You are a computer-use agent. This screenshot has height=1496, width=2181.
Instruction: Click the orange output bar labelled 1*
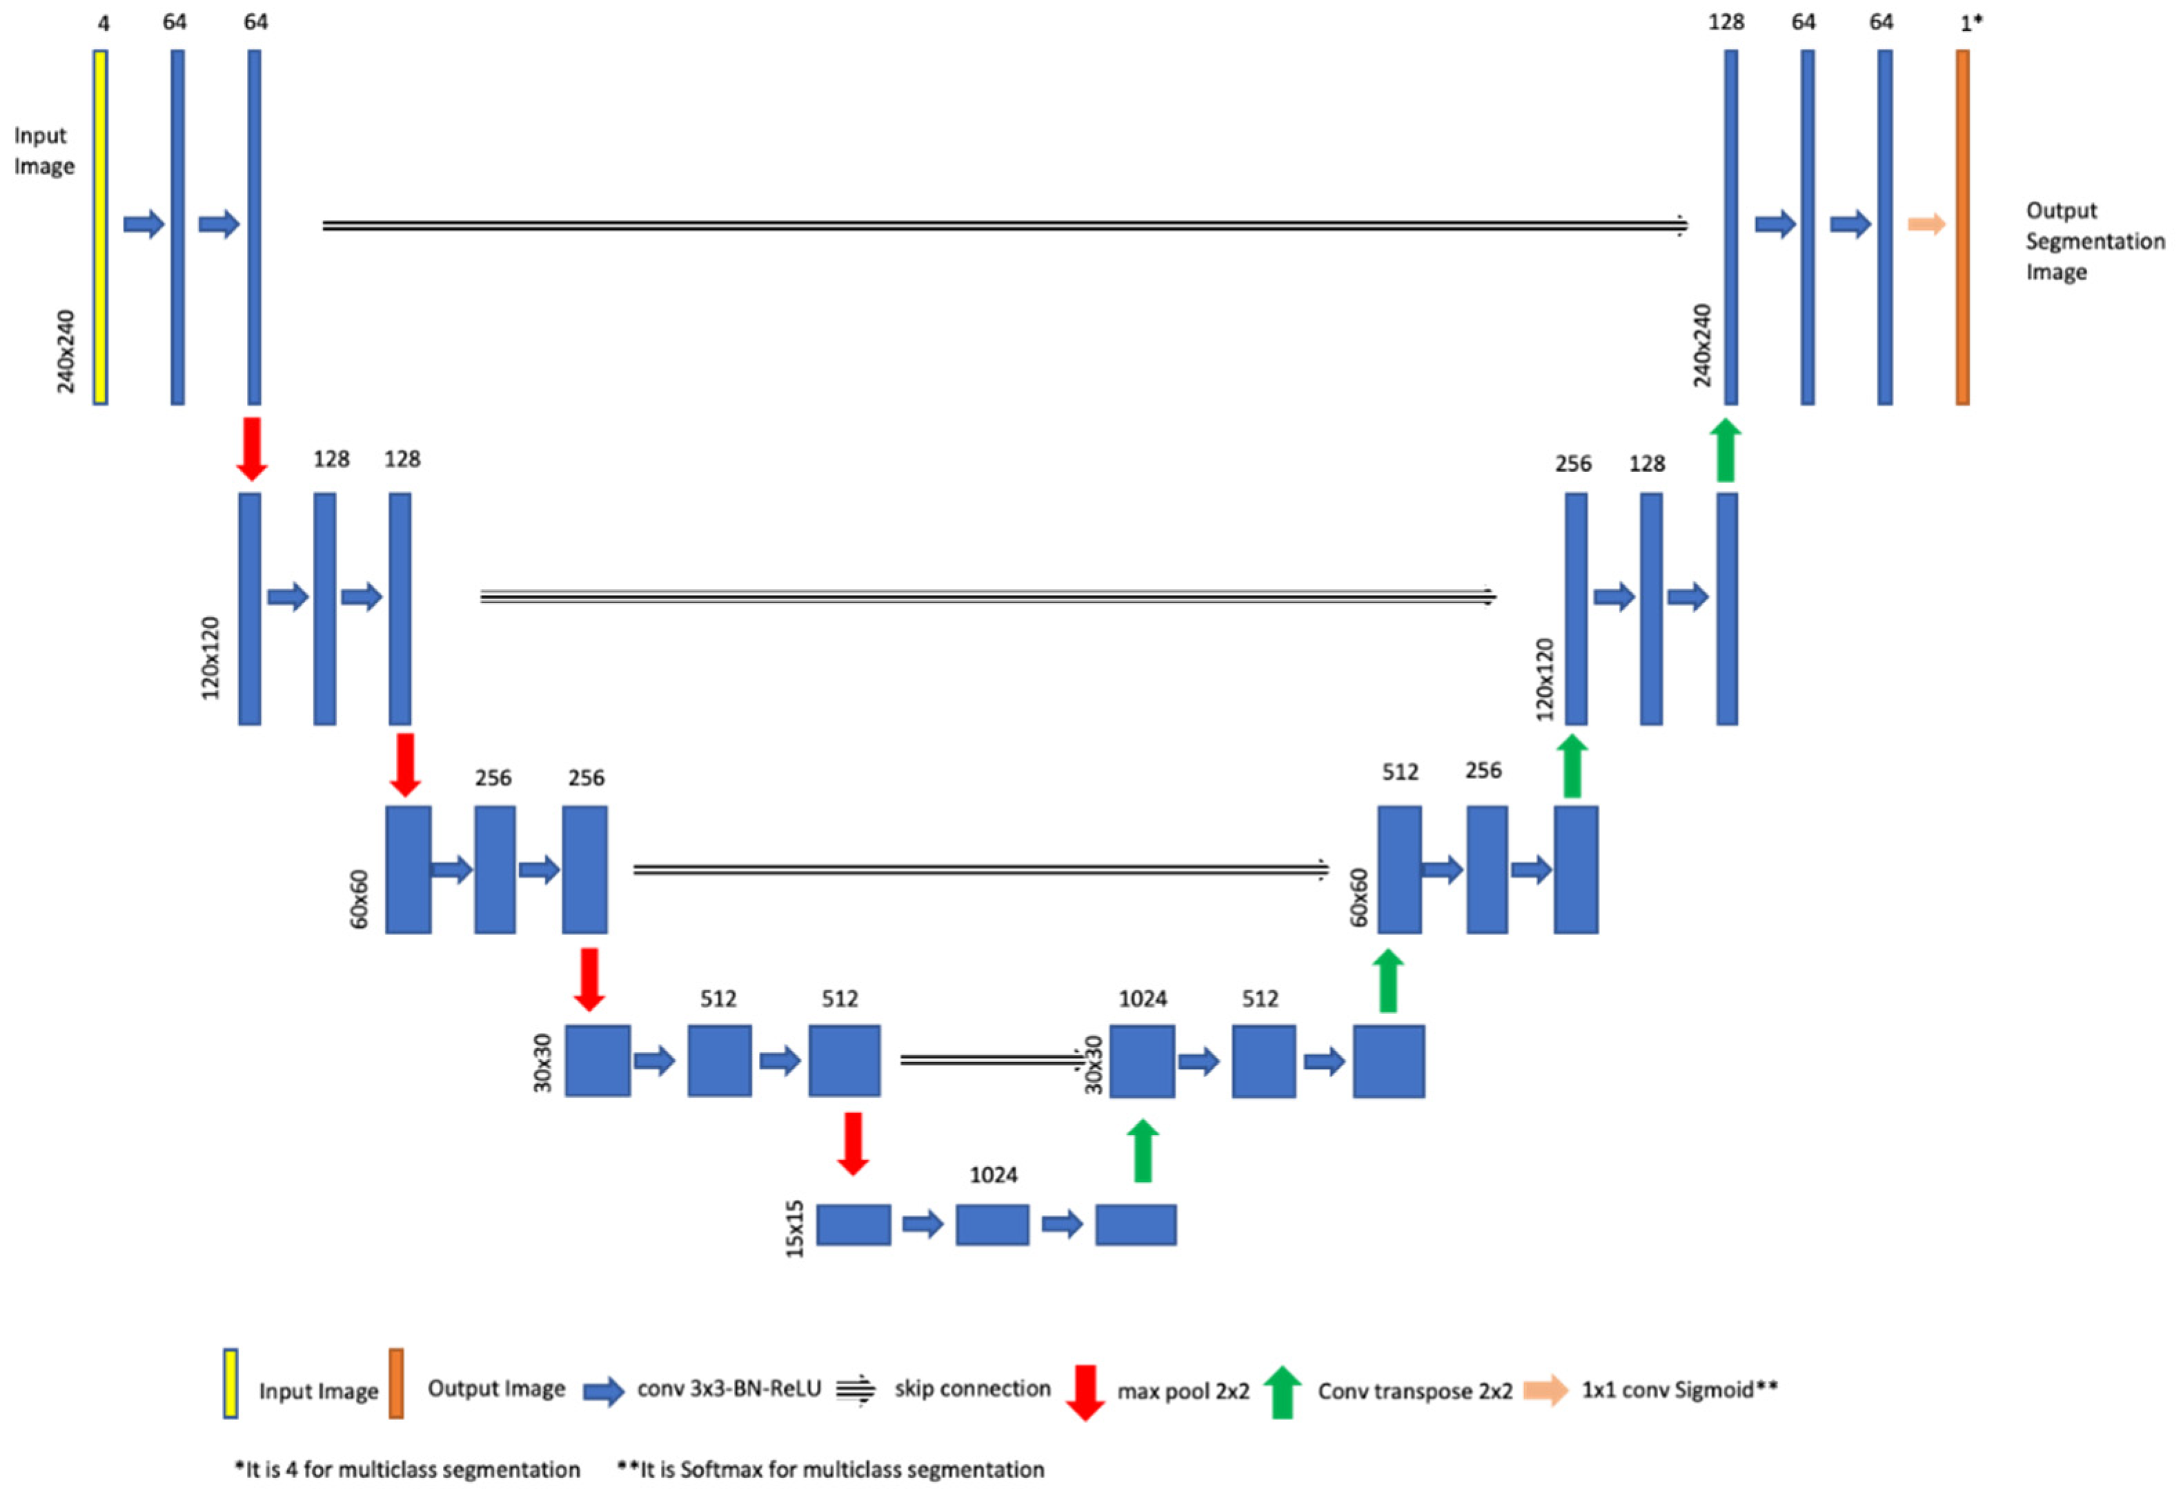1962,227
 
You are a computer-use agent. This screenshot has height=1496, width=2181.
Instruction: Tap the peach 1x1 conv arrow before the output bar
1926,224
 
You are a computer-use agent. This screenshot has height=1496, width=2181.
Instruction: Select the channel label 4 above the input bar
103,23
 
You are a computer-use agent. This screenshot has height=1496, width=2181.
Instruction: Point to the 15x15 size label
795,1228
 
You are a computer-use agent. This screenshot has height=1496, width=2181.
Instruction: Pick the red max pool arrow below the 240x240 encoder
250,449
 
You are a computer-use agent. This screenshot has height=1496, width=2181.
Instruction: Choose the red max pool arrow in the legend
1085,1392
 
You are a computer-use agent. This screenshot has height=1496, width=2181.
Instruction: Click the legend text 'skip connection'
972,1389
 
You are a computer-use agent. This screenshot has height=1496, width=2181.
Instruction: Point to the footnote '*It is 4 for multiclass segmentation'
407,1470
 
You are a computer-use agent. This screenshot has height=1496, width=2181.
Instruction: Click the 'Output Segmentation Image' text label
2094,242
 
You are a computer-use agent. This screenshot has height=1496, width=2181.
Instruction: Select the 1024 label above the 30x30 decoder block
1142,998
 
